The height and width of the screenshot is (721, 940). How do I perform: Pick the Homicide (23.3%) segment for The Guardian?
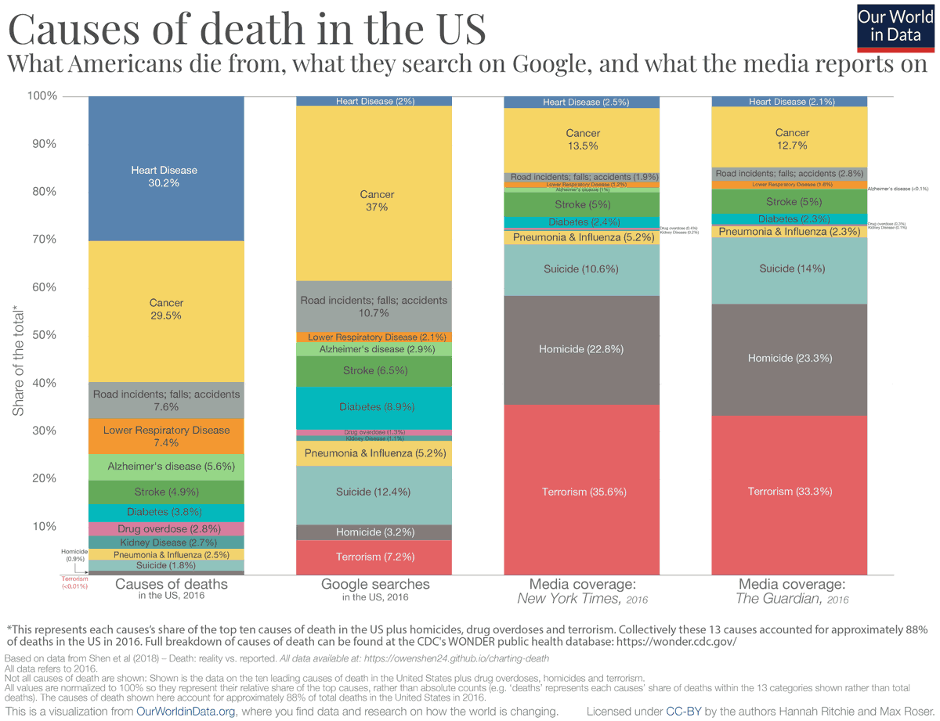click(789, 358)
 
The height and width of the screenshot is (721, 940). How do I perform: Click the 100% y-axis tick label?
click(42, 96)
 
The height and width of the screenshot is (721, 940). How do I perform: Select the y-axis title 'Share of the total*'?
click(19, 361)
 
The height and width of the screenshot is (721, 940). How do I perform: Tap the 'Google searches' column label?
click(375, 584)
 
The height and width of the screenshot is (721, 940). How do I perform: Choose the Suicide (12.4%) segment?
click(374, 492)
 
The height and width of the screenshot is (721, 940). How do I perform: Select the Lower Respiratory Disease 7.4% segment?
click(166, 436)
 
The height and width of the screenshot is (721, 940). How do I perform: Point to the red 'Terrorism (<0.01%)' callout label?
click(74, 583)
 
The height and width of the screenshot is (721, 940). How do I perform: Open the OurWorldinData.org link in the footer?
click(188, 711)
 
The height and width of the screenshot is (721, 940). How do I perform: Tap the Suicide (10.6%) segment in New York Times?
click(581, 269)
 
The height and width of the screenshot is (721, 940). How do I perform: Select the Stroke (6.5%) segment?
click(374, 370)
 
